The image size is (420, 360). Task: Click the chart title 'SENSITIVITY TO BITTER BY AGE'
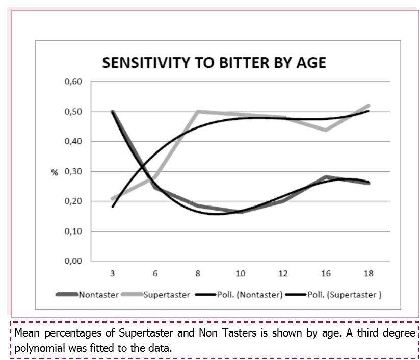(x=214, y=63)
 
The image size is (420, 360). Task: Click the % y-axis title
(x=55, y=172)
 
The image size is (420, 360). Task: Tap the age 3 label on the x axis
(x=112, y=273)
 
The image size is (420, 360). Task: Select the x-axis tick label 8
(x=198, y=273)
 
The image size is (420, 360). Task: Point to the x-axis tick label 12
(x=283, y=273)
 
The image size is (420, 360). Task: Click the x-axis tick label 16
(x=326, y=273)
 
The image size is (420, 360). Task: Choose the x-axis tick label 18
(x=369, y=273)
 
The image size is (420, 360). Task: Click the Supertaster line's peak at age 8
(x=198, y=111)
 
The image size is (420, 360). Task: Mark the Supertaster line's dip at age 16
(x=326, y=130)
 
